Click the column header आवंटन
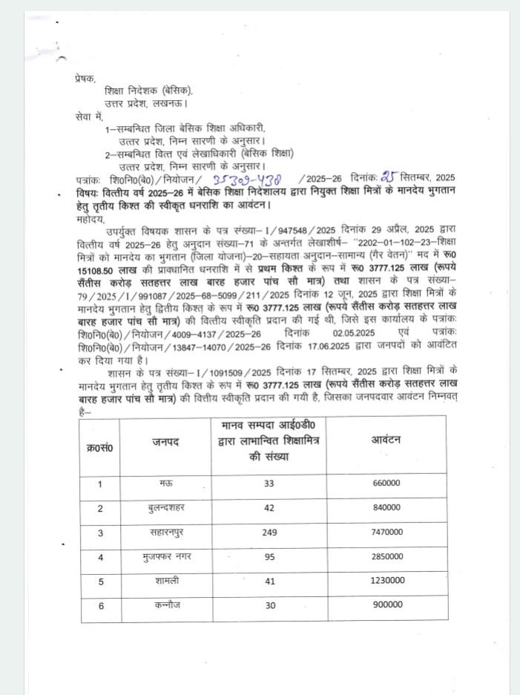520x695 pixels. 386,440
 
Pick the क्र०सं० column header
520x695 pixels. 100,447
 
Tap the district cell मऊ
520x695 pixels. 167,484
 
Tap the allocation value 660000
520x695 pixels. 386,484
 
